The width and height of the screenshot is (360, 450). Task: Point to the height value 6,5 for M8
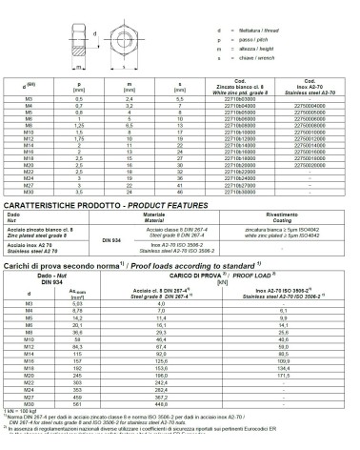(x=127, y=124)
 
